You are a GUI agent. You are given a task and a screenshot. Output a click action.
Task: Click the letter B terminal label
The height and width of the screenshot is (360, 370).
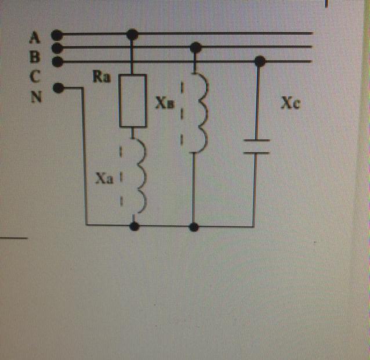coord(35,51)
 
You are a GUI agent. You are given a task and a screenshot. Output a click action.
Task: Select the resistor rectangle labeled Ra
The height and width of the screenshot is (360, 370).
coord(133,100)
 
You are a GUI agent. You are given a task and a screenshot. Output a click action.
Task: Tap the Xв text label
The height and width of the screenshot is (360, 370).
coord(164,103)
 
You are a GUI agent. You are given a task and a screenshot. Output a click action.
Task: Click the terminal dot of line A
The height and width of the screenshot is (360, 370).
coord(56,34)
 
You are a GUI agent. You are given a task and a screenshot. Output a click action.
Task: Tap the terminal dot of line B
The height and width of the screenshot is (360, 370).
coord(56,48)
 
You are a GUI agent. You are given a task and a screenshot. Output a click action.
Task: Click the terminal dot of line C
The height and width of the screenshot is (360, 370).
coord(56,60)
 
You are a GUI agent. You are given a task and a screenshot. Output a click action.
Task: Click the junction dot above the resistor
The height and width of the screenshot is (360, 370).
coord(133,35)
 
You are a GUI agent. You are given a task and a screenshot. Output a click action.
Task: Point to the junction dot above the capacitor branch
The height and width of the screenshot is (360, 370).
coord(260,60)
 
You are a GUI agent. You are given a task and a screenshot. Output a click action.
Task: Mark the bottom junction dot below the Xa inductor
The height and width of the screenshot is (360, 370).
coord(135,226)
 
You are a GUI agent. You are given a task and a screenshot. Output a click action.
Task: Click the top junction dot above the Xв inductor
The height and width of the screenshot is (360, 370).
coord(196,47)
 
